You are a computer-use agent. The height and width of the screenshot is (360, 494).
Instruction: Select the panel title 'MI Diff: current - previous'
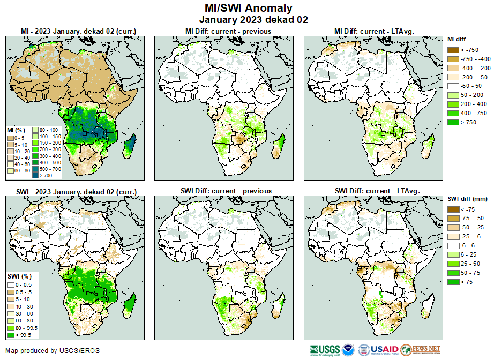click(228, 31)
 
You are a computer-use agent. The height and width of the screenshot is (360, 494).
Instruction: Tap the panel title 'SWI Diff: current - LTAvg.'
click(377, 191)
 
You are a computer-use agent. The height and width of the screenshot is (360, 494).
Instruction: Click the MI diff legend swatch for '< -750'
click(453, 50)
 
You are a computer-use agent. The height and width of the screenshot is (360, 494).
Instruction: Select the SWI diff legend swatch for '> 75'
click(453, 281)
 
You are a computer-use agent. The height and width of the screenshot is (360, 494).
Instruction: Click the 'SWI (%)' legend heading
click(16, 275)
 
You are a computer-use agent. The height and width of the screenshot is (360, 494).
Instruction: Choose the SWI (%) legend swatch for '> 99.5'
click(11, 335)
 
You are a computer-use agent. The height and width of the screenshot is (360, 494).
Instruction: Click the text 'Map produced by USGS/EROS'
click(53, 351)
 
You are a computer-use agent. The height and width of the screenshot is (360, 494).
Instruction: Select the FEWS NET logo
click(421, 350)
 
